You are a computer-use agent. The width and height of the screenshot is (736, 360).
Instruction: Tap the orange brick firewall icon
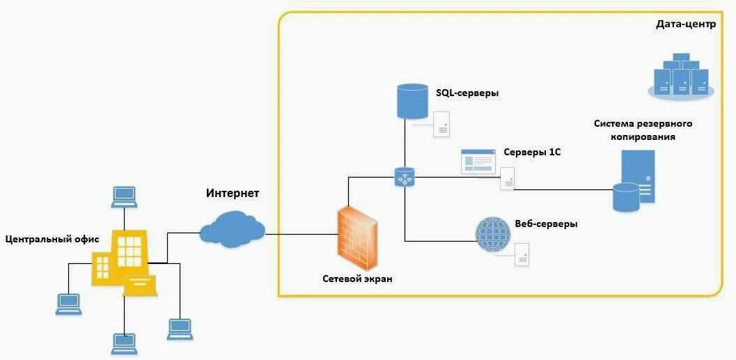[x=359, y=235]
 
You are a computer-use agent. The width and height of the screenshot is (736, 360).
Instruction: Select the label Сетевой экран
[x=357, y=279]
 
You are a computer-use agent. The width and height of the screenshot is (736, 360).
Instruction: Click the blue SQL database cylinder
[x=412, y=101]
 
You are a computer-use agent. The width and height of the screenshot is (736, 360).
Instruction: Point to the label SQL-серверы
[x=467, y=93]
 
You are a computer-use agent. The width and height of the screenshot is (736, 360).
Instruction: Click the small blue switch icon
[x=405, y=177]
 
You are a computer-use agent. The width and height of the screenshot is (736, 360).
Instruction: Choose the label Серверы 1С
[x=531, y=152]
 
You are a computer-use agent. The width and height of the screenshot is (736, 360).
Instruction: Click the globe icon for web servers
[x=493, y=234]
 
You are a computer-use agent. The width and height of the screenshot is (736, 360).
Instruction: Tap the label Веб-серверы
[x=547, y=224]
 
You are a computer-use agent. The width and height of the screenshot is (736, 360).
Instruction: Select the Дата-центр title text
[x=685, y=24]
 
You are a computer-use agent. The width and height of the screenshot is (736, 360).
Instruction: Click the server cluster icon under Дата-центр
[x=680, y=75]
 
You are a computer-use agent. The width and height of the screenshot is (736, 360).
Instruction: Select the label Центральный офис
[x=52, y=240]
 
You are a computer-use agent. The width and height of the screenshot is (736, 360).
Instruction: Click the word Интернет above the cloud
[x=233, y=192]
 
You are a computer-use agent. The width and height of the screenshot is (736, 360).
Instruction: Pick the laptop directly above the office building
[x=125, y=196]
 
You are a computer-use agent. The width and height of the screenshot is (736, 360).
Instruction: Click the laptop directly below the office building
[x=125, y=343]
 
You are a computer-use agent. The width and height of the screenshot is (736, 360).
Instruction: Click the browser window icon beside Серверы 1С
[x=478, y=161]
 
